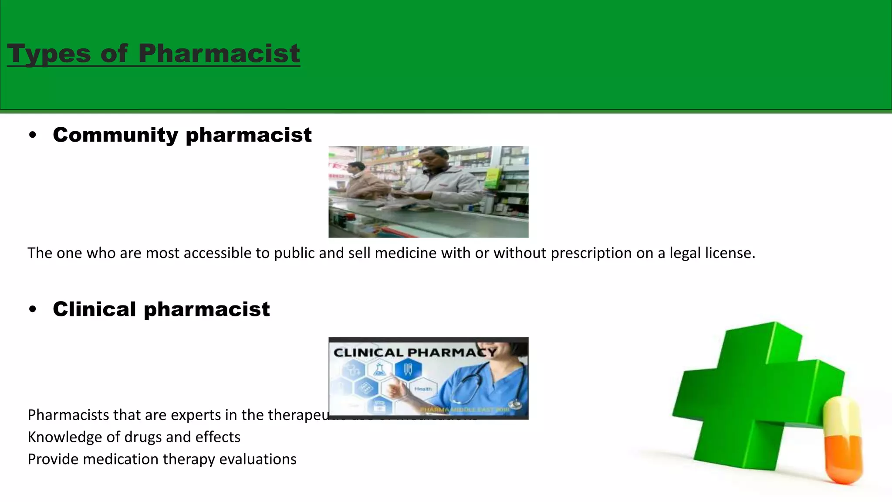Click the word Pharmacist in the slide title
219,54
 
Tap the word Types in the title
49,54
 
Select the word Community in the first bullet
115,135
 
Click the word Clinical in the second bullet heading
95,309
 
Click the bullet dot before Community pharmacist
33,136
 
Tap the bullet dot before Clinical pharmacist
33,310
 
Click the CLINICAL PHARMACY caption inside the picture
415,353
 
